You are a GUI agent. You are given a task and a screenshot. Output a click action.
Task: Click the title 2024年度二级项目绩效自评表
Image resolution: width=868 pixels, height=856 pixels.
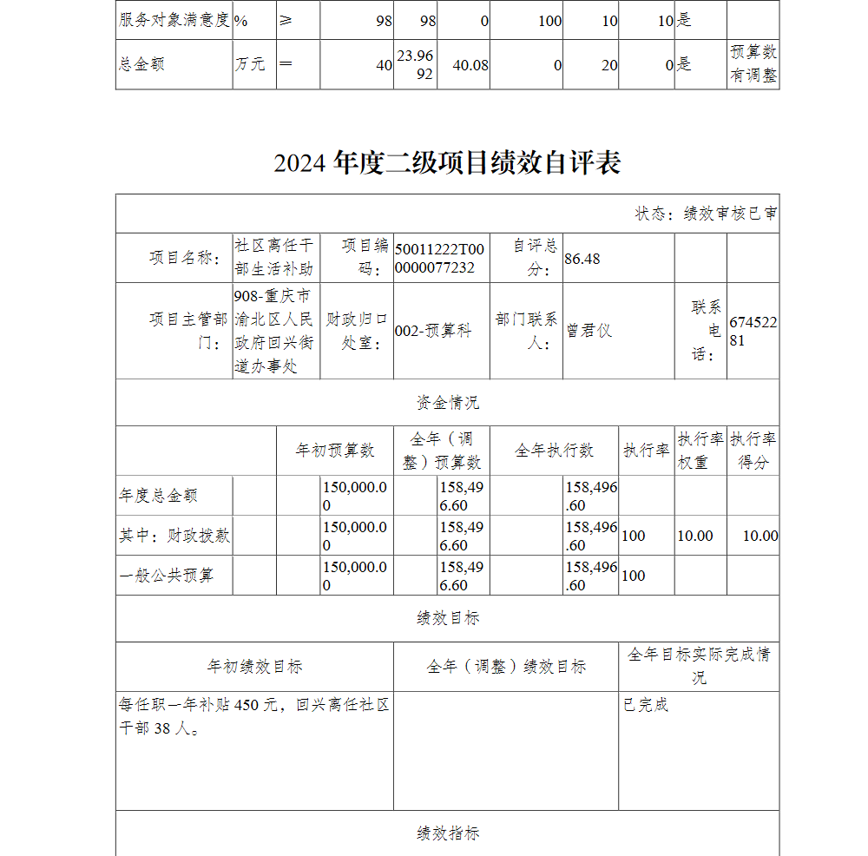(447, 162)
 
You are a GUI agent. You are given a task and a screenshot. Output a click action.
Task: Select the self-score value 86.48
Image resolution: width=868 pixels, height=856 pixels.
(582, 259)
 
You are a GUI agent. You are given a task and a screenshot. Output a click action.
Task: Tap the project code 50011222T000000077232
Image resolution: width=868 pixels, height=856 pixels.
(440, 259)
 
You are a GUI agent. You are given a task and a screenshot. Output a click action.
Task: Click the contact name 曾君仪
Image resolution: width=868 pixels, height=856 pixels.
(589, 331)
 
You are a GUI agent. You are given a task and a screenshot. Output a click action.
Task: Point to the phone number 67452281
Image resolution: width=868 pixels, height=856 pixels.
(753, 332)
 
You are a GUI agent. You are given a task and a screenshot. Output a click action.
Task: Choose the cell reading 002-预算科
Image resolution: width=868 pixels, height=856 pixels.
(433, 331)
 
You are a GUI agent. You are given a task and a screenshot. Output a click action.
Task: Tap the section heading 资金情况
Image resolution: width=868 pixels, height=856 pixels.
(447, 403)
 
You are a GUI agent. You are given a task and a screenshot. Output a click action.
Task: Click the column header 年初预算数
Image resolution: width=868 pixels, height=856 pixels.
(335, 451)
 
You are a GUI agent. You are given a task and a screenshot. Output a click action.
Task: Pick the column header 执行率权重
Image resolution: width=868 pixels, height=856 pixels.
(700, 451)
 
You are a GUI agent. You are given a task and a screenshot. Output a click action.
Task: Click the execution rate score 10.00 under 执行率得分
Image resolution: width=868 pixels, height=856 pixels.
(760, 536)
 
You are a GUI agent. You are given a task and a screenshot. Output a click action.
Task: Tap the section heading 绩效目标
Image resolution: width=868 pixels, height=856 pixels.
(447, 618)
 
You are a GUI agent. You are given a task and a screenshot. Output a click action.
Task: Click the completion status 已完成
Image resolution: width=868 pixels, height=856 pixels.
(646, 705)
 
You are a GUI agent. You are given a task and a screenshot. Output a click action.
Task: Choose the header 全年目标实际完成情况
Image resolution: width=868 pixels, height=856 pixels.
(699, 666)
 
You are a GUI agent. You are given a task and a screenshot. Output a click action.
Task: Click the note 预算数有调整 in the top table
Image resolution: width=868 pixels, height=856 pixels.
(753, 64)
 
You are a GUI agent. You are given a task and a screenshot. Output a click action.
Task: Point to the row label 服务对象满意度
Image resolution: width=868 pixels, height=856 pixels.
(174, 20)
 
